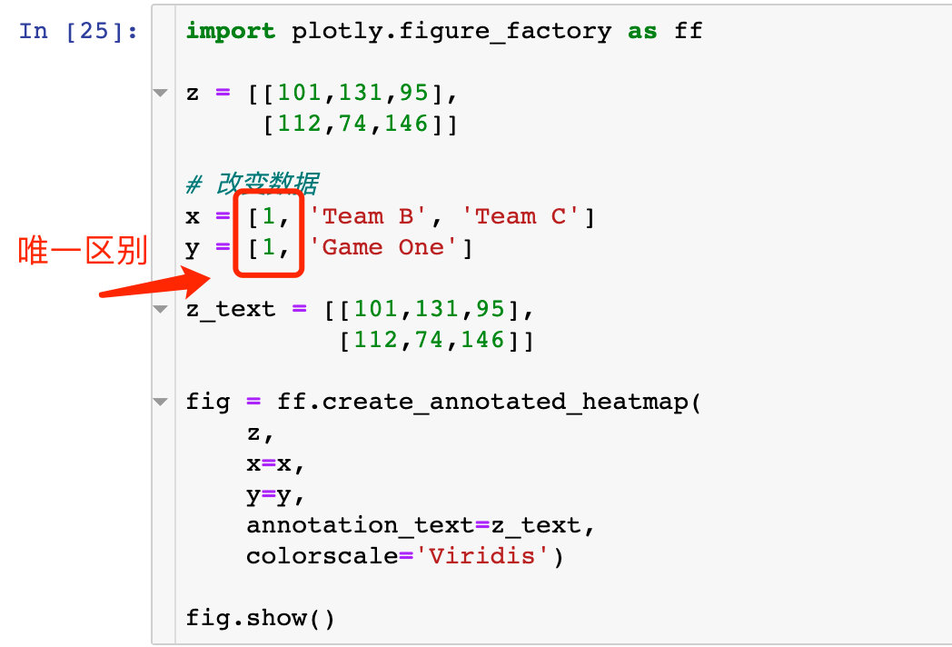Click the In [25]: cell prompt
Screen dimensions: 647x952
pos(78,31)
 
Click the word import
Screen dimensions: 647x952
pos(230,31)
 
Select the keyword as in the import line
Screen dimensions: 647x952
pos(642,31)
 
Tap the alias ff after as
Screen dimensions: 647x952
pos(688,31)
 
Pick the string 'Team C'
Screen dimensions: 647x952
pos(520,216)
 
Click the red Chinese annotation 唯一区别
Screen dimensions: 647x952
pos(83,251)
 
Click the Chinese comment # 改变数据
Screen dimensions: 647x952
pos(253,185)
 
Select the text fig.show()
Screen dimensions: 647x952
pos(261,618)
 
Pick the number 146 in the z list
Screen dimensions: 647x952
pos(405,124)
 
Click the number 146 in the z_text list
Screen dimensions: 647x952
pos(481,340)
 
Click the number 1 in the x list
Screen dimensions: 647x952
pos(269,216)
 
